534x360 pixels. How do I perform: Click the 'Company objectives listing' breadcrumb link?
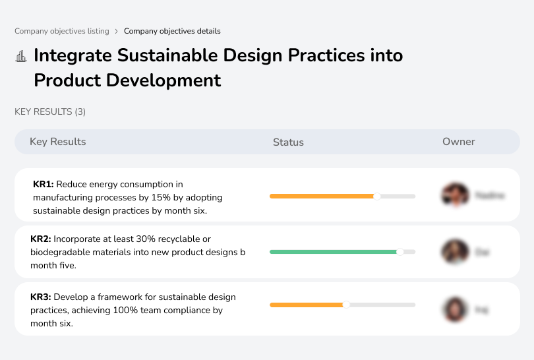click(x=62, y=31)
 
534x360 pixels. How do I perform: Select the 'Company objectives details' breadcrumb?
click(x=172, y=31)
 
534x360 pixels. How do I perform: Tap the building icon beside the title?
click(x=21, y=56)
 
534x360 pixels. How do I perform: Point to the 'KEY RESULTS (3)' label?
click(x=50, y=112)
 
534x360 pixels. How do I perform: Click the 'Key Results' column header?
click(x=57, y=142)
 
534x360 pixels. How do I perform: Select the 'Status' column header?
click(x=288, y=142)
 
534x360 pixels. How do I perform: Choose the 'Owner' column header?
click(x=458, y=142)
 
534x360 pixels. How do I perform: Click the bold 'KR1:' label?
click(x=43, y=185)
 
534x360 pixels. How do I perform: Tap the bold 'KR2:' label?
click(x=41, y=239)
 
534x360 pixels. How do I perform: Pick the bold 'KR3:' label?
click(x=41, y=297)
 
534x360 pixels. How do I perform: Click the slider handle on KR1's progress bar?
click(x=377, y=196)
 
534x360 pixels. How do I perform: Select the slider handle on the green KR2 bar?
click(x=400, y=252)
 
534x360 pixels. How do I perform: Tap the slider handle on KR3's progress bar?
click(x=346, y=305)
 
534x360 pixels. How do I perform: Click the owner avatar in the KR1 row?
click(x=454, y=195)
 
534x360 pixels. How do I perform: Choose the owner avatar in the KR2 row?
click(x=454, y=252)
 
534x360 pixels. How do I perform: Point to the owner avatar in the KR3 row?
click(x=454, y=309)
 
